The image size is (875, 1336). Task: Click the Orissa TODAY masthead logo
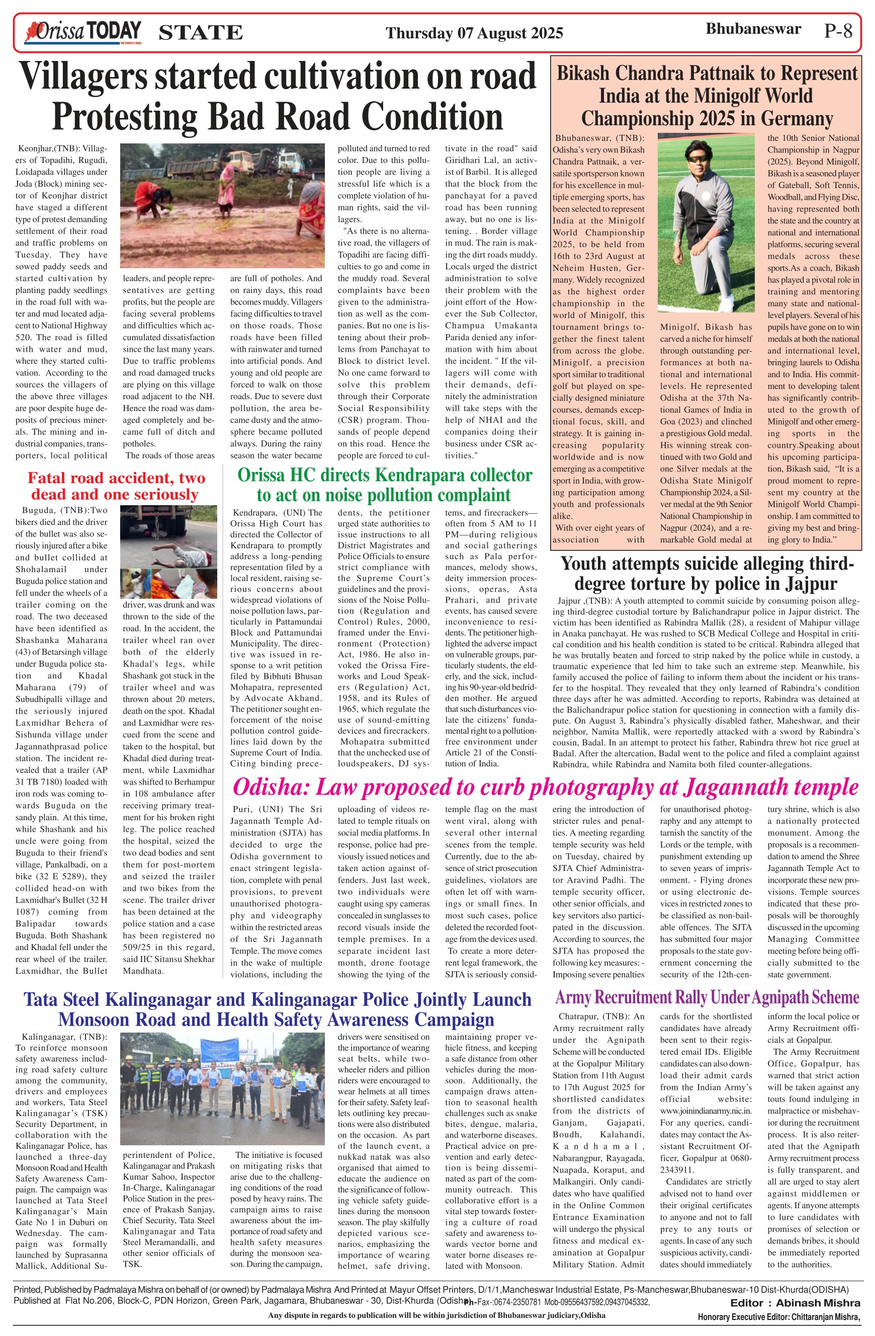[x=82, y=32]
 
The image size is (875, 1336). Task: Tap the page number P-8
[x=838, y=30]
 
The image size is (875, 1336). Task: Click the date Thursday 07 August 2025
[x=474, y=33]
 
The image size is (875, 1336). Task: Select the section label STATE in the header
[x=201, y=33]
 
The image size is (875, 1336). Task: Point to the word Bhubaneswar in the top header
[x=753, y=29]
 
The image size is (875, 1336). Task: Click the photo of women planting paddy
[x=222, y=205]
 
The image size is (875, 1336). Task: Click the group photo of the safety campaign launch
[x=222, y=1089]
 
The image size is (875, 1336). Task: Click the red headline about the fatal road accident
[x=116, y=486]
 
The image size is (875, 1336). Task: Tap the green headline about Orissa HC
[x=384, y=485]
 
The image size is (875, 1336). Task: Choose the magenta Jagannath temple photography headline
[x=545, y=787]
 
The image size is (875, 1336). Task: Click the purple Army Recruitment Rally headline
[x=707, y=997]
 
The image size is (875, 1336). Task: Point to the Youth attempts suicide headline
[x=706, y=573]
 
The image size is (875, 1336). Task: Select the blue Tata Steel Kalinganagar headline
[x=277, y=1009]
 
